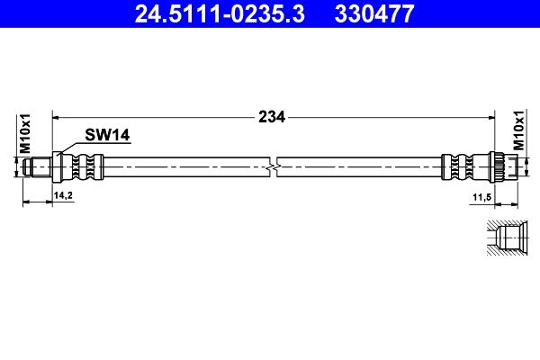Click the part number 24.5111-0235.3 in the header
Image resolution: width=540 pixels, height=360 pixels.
220,13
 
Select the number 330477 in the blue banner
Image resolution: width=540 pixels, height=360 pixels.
374,13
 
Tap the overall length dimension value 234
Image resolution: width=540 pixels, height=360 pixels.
272,117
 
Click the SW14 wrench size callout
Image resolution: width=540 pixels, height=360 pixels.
107,135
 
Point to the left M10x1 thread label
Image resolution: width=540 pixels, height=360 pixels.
25,133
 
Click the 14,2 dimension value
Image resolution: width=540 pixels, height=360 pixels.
63,195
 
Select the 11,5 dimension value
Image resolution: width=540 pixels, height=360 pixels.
481,197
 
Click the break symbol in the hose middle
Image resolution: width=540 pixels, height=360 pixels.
273,167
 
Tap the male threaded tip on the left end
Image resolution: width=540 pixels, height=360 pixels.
37,167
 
